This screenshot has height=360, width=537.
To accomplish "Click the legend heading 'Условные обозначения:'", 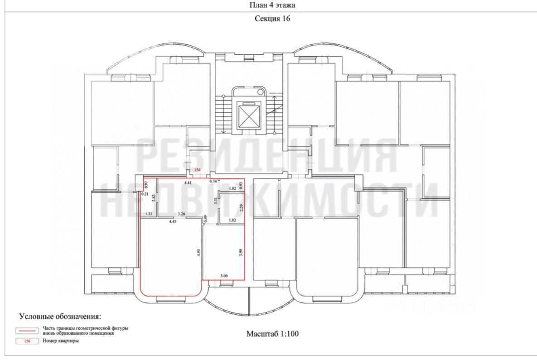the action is [x=60, y=316].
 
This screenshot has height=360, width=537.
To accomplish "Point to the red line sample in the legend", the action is [x=27, y=330].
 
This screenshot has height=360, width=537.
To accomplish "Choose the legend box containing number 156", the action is [x=27, y=341].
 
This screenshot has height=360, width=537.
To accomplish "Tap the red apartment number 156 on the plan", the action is [x=197, y=170].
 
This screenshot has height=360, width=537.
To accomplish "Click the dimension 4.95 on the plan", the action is [x=198, y=252].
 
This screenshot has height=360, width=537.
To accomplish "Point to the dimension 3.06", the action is [x=224, y=275].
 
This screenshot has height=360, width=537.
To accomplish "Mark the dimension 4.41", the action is [x=188, y=182].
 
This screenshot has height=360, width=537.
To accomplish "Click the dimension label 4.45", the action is [x=173, y=221].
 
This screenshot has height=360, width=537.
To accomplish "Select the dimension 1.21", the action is [x=148, y=214].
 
